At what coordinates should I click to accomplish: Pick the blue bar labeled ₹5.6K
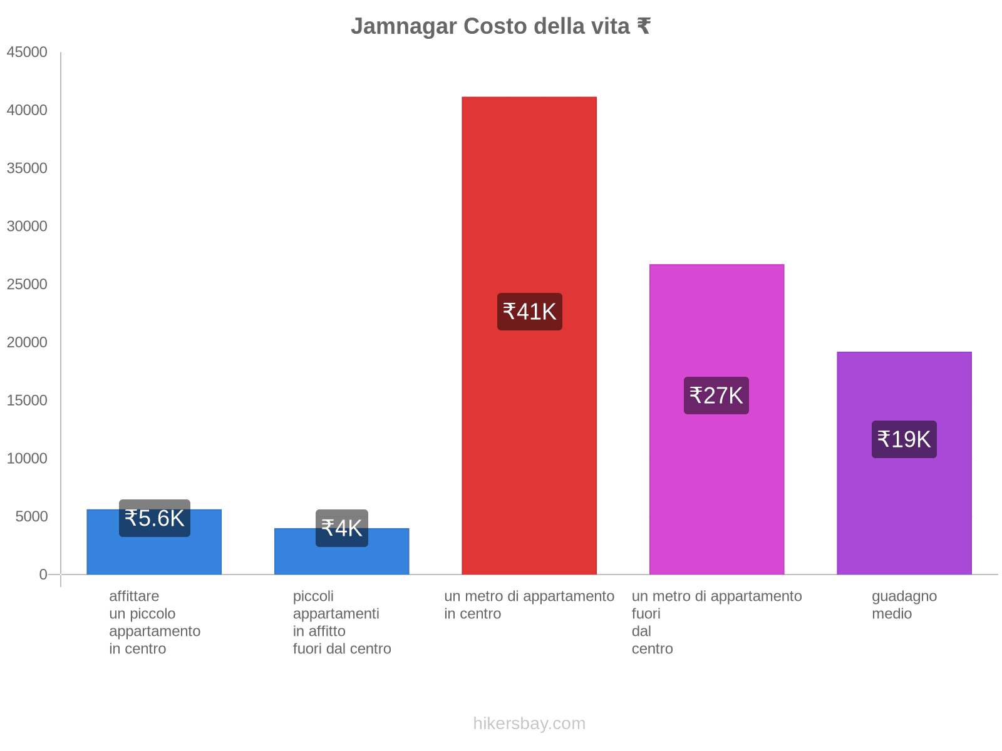click(154, 554)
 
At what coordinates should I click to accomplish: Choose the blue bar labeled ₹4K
click(341, 560)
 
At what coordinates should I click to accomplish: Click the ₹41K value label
click(529, 312)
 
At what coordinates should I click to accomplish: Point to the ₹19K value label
click(904, 439)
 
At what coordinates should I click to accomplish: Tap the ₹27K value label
click(716, 396)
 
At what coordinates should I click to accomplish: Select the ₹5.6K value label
click(154, 518)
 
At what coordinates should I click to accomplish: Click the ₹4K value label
click(341, 528)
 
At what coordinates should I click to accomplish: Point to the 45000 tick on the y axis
click(27, 53)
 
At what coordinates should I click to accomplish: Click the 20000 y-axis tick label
click(27, 342)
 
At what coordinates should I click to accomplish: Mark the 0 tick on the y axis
click(43, 575)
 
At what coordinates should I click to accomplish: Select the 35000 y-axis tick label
click(27, 168)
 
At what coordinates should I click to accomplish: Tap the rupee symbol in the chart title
click(643, 26)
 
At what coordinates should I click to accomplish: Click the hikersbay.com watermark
click(529, 723)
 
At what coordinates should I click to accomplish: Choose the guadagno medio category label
click(904, 605)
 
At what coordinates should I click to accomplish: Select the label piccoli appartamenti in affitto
click(341, 622)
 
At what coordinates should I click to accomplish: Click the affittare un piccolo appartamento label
click(154, 622)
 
